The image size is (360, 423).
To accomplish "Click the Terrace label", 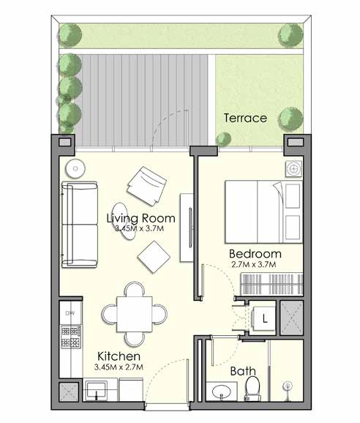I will (x=245, y=117).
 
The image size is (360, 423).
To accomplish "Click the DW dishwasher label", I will (x=70, y=314).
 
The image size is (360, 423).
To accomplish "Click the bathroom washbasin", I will (x=221, y=393).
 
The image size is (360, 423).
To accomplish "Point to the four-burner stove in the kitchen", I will (x=71, y=337).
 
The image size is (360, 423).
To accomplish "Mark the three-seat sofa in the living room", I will (x=79, y=225).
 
